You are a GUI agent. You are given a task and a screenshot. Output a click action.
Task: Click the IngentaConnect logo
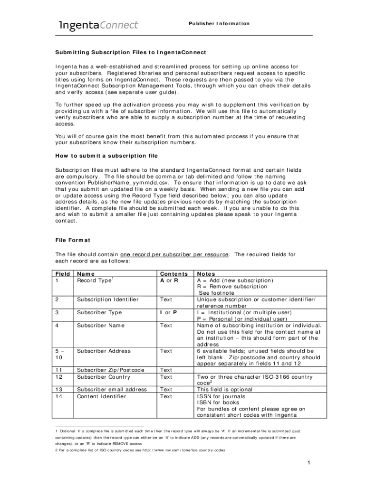[x=98, y=25]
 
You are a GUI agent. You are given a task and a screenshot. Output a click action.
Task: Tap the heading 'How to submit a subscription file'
[x=106, y=156]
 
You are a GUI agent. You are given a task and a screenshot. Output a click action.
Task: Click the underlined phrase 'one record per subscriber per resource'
[x=175, y=254]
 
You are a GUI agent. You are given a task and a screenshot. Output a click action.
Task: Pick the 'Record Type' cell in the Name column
[x=95, y=280]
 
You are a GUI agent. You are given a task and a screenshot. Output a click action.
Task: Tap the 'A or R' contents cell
[x=169, y=280]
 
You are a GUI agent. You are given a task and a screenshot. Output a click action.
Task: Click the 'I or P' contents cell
[x=168, y=312]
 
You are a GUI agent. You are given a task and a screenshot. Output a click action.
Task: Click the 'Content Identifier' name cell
[x=102, y=396]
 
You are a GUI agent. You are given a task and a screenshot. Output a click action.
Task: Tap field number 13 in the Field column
[x=59, y=390]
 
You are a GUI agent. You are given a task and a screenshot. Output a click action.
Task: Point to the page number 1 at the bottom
[x=308, y=463]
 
